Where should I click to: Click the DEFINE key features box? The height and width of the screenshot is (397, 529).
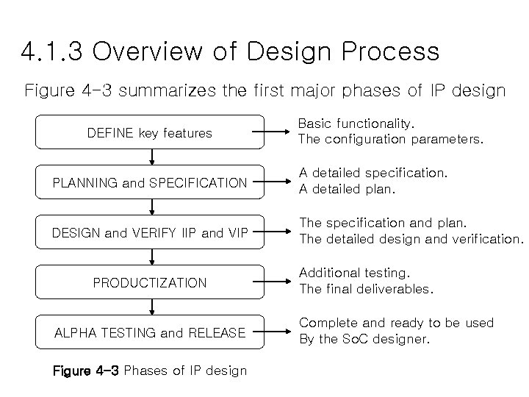(150, 133)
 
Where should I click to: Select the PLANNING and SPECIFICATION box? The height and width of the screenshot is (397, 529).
(150, 182)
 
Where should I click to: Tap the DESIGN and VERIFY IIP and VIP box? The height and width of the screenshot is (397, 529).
(150, 233)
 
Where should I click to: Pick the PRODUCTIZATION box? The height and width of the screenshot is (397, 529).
(150, 282)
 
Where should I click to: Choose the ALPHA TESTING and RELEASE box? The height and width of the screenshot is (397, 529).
(150, 332)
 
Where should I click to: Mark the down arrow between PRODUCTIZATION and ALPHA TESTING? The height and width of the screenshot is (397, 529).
(151, 307)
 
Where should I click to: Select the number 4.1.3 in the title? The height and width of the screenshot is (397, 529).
(52, 52)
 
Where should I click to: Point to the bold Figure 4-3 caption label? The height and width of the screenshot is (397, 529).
(86, 370)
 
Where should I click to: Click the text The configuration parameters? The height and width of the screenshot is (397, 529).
(390, 139)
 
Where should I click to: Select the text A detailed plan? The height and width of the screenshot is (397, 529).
(346, 189)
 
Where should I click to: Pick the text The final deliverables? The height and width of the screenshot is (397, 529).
(366, 289)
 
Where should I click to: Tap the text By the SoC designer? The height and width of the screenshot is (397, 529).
(364, 339)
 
